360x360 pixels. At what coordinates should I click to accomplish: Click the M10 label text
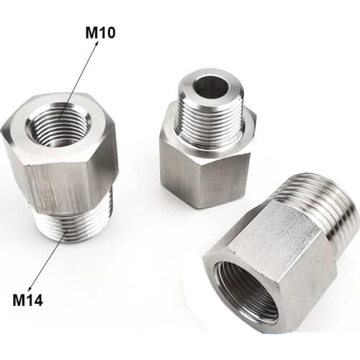click(x=100, y=32)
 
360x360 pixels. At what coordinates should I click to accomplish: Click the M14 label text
click(x=27, y=300)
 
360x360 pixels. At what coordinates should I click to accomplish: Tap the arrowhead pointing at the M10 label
click(x=96, y=43)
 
